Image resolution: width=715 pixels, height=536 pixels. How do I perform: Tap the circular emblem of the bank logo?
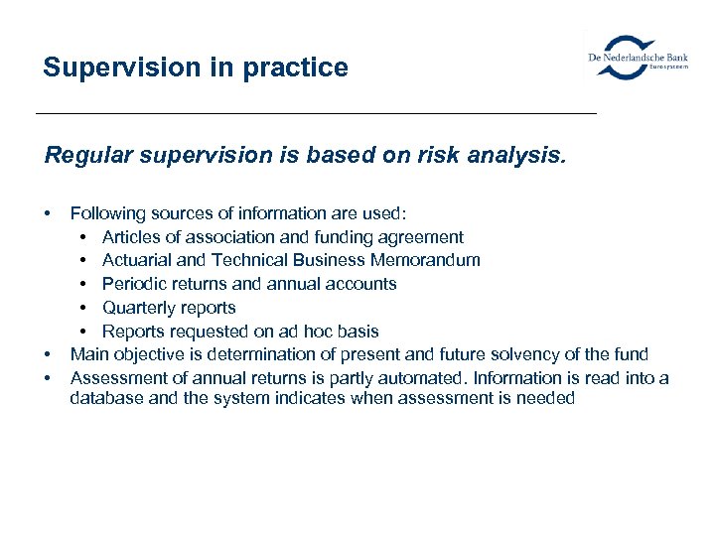pyautogui.click(x=629, y=58)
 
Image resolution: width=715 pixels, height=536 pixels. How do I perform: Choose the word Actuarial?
pyautogui.click(x=137, y=260)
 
